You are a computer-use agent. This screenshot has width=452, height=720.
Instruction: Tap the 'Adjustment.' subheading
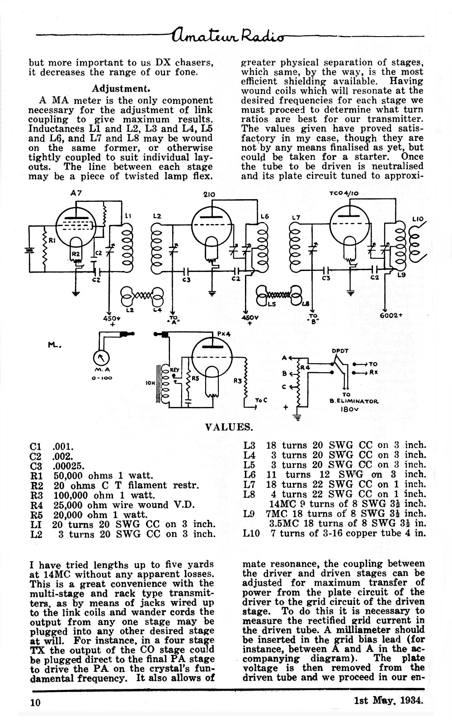[121, 88]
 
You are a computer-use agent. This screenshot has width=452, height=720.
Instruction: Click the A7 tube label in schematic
[76, 193]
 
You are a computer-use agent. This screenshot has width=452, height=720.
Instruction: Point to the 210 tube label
[209, 194]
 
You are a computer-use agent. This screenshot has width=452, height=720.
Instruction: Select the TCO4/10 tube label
[344, 193]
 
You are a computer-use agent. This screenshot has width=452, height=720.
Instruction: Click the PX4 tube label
[223, 334]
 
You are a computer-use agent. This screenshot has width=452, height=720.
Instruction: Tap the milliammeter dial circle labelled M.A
[101, 358]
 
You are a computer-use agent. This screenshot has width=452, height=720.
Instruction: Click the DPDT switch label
[340, 351]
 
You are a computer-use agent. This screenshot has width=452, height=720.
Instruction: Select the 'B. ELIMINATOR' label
[353, 401]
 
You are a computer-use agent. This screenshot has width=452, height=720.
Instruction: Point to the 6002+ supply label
[391, 315]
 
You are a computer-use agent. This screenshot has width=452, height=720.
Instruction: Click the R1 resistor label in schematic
[52, 240]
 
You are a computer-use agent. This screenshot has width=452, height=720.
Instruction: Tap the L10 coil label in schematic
[418, 219]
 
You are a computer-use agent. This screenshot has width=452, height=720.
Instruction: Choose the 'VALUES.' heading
[229, 427]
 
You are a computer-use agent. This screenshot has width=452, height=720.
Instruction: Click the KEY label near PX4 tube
[174, 370]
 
